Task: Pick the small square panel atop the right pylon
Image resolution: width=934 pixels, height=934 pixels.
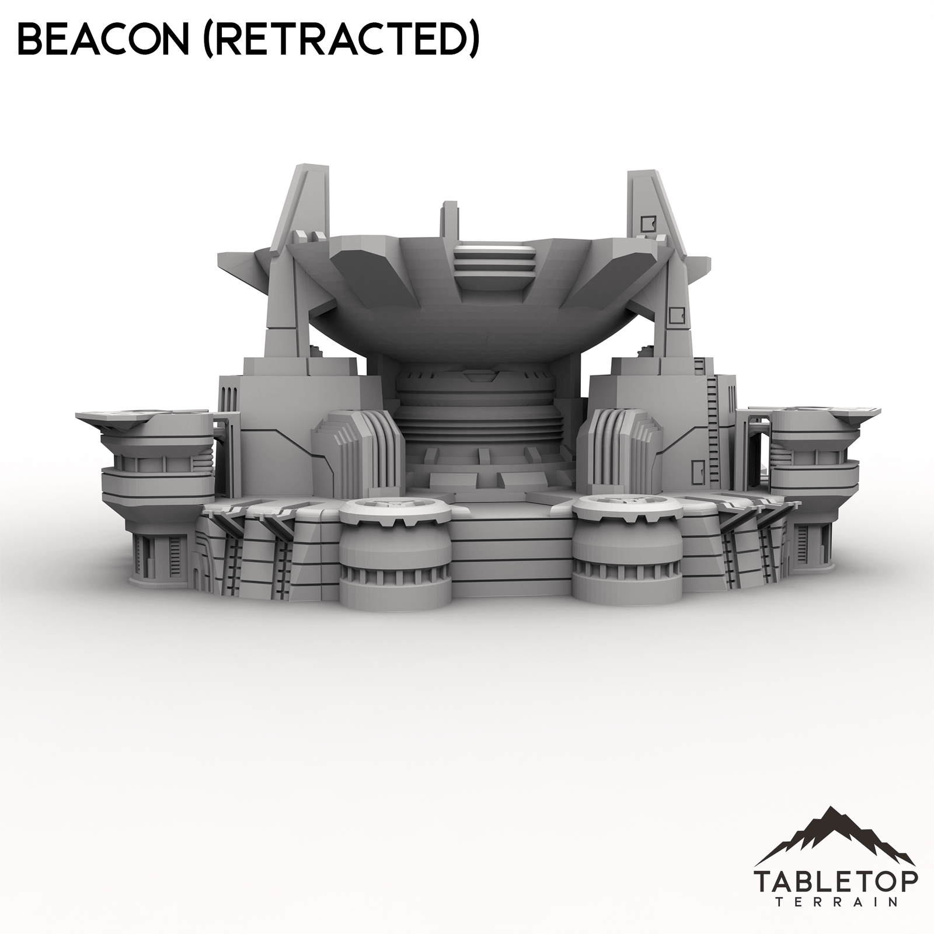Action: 647,222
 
